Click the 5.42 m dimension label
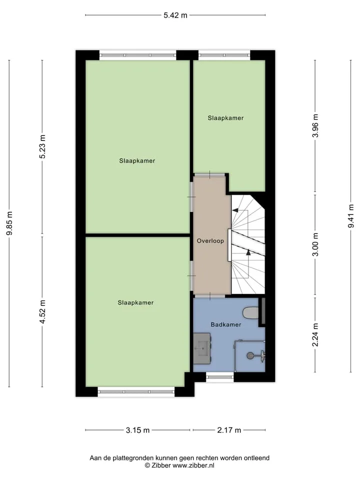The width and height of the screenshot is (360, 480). coord(175,15)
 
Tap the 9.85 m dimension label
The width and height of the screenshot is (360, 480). coord(10,223)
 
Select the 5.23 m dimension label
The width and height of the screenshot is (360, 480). coord(42,146)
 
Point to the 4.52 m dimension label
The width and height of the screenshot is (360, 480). coord(42,311)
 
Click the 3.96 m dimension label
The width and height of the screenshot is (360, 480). coord(315,126)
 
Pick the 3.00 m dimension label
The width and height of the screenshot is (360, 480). coord(315,244)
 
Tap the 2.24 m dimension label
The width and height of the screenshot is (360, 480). coord(315,335)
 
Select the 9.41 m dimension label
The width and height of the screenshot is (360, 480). coord(351,216)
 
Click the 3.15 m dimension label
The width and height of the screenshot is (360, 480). coord(138,430)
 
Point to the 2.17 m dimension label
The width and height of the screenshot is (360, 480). coord(229,430)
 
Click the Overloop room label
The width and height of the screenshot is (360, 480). coord(210,241)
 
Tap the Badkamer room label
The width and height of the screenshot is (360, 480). coord(226,324)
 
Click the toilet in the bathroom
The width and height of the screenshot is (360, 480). coord(250,313)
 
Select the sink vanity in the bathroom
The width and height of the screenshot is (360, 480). coord(202,348)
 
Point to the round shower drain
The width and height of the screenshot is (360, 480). coord(250,355)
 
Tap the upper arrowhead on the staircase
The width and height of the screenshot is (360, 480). coord(235,210)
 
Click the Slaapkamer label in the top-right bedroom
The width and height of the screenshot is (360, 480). coord(225,118)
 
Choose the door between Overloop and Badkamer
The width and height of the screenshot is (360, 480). coord(210,296)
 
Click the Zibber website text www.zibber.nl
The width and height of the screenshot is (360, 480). coord(193,465)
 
